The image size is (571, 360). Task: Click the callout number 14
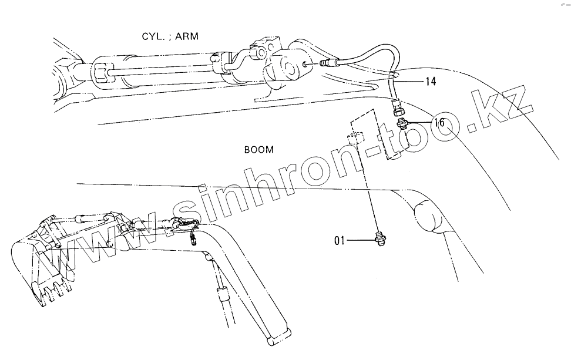(x=430, y=82)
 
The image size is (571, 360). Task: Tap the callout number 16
(x=439, y=123)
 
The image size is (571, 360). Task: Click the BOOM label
(x=259, y=150)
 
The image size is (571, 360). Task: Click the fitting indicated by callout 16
(x=402, y=123)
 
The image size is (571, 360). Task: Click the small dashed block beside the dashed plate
(x=353, y=140)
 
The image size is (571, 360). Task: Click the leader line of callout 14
(x=411, y=80)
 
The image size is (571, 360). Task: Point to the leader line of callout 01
(x=360, y=240)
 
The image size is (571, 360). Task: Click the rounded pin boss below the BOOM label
(x=427, y=216)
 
